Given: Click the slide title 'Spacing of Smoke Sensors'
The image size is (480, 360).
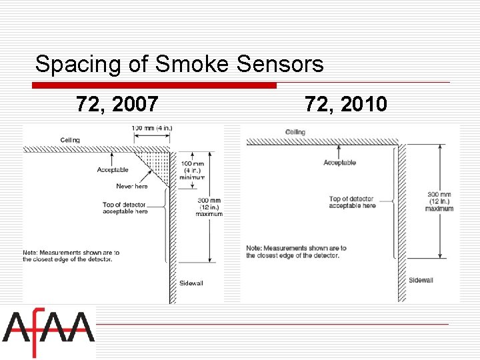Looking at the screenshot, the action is [179, 65].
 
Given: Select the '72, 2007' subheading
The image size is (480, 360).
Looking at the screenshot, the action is [117, 104].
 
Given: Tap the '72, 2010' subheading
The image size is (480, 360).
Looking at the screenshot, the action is [345, 104].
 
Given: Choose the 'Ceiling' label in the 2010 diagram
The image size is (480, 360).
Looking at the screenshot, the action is [295, 132].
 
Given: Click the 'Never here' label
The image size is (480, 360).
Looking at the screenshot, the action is [132, 186].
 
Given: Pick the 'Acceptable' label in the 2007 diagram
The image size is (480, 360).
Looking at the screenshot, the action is [112, 170].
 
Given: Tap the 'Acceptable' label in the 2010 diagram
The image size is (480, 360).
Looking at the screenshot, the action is [339, 163].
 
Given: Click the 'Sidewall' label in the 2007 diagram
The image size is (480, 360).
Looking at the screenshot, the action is [191, 283].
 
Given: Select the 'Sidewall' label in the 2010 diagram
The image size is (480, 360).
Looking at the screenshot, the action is [421, 280].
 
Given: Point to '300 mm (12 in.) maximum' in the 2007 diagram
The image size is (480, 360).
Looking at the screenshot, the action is [208, 207].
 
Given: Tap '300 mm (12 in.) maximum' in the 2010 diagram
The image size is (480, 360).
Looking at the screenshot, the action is [439, 201].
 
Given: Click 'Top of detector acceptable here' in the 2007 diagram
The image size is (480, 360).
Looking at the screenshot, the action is [125, 208].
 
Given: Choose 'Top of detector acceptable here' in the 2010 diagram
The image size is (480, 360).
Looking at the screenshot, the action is [352, 202].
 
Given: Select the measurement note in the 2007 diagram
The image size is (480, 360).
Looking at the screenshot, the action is [71, 256].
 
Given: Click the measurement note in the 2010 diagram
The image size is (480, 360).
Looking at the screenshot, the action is [296, 252].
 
